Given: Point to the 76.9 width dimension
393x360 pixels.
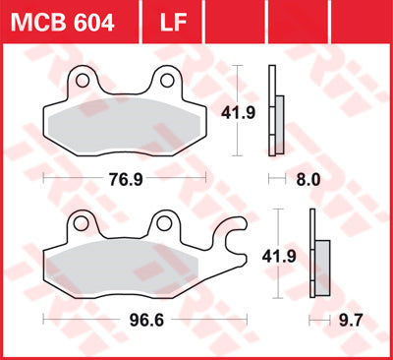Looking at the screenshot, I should coord(118,180).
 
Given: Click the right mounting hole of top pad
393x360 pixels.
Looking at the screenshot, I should coord(167,80).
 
